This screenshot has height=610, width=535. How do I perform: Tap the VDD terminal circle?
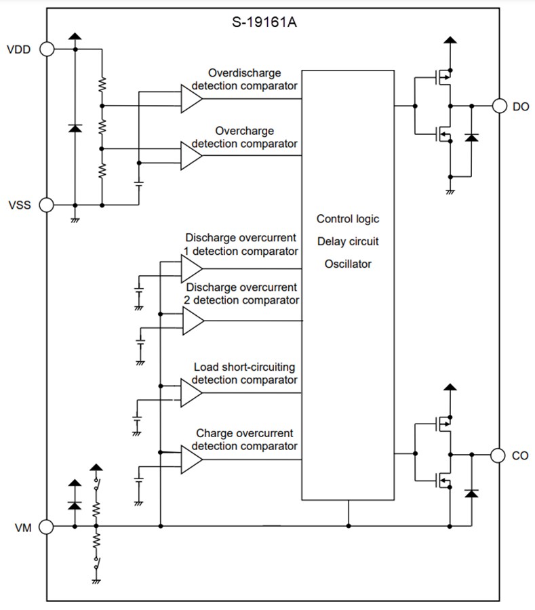47,49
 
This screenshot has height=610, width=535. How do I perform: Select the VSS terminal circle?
47,204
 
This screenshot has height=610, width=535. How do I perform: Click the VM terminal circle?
47,525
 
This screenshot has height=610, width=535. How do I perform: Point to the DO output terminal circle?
499,106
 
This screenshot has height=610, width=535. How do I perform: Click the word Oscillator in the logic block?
348,264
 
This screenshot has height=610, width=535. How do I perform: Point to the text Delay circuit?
348,241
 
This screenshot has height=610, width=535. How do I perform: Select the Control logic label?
348,219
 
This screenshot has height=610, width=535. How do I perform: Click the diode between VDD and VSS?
75,127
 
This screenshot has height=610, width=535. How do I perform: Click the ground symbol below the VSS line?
75,218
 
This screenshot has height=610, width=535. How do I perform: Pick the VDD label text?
18,49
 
